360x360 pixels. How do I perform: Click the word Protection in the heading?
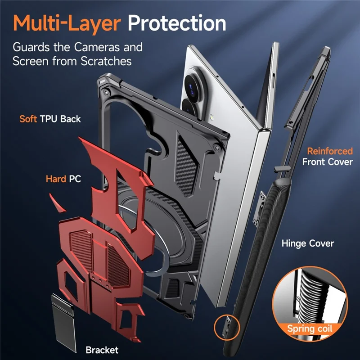(177, 23)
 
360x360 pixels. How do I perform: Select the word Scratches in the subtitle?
(106, 61)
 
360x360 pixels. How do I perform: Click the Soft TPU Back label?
(50, 119)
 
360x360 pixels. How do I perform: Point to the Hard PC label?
(63, 179)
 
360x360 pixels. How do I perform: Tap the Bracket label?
(102, 350)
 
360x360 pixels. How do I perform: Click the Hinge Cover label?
(308, 243)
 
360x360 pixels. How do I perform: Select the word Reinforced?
(330, 151)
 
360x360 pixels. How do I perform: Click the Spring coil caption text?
(310, 328)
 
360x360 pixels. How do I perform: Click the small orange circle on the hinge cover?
(227, 327)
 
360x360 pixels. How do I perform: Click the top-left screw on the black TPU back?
(106, 93)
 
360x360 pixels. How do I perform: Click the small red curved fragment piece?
(57, 203)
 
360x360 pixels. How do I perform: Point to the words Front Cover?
(328, 162)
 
